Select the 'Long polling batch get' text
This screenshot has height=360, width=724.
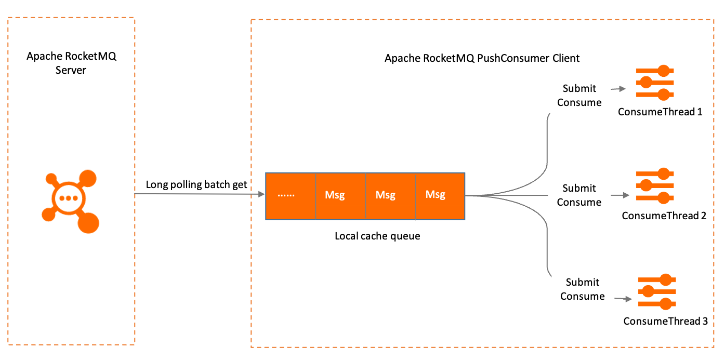click(196, 184)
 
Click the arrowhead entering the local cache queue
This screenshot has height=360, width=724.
click(261, 194)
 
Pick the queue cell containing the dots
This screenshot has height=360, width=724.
click(290, 195)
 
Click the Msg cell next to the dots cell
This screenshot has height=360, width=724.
click(340, 195)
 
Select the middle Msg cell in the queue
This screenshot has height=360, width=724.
click(390, 195)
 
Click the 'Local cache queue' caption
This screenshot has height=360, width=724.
click(377, 236)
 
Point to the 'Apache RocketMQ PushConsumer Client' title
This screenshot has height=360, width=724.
click(482, 58)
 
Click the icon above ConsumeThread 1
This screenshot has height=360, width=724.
click(655, 83)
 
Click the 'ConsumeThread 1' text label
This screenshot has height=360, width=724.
click(660, 112)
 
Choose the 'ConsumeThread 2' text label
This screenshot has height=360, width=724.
click(664, 215)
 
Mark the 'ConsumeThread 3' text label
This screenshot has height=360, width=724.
click(665, 321)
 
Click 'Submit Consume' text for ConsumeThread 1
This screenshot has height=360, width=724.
click(579, 95)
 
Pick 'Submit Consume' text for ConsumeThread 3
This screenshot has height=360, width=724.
click(582, 289)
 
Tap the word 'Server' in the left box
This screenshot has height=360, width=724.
click(71, 69)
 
